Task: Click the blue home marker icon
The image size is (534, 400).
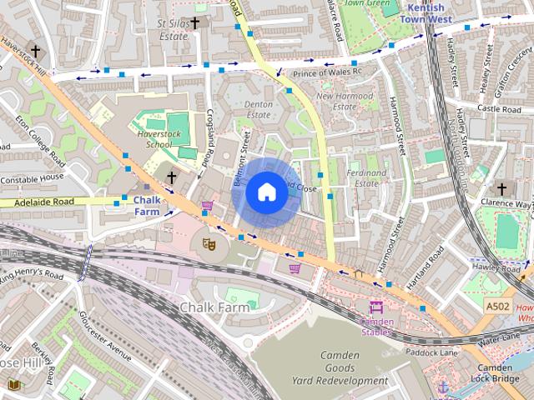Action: pyautogui.click(x=266, y=192)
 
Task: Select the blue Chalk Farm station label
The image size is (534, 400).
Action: pyautogui.click(x=147, y=206)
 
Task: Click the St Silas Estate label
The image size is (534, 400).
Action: pyautogui.click(x=172, y=30)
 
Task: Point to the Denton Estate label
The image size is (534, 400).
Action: pyautogui.click(x=258, y=110)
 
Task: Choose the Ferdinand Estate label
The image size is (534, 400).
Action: pyautogui.click(x=365, y=178)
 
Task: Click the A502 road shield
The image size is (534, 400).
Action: pyautogui.click(x=498, y=307)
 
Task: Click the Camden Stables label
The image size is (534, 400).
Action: pyautogui.click(x=376, y=326)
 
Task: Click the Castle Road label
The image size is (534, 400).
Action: pyautogui.click(x=499, y=109)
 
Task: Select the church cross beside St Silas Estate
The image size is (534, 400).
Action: pyautogui.click(x=195, y=23)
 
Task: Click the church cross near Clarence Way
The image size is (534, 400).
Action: pyautogui.click(x=501, y=189)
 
